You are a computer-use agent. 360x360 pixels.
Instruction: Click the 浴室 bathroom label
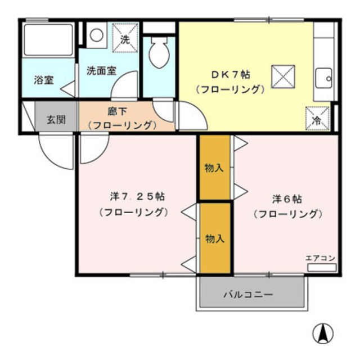tap(43, 79)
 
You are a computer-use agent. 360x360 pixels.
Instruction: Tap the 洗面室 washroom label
tap(101, 71)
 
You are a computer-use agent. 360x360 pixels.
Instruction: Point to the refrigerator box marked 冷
tap(317, 119)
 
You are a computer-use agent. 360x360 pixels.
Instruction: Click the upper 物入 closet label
tap(214, 168)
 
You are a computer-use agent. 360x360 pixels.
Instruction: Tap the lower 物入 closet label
tap(215, 238)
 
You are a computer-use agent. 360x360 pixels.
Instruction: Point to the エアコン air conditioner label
tap(320, 258)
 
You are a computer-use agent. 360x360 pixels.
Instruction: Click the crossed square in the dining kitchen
tap(283, 77)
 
